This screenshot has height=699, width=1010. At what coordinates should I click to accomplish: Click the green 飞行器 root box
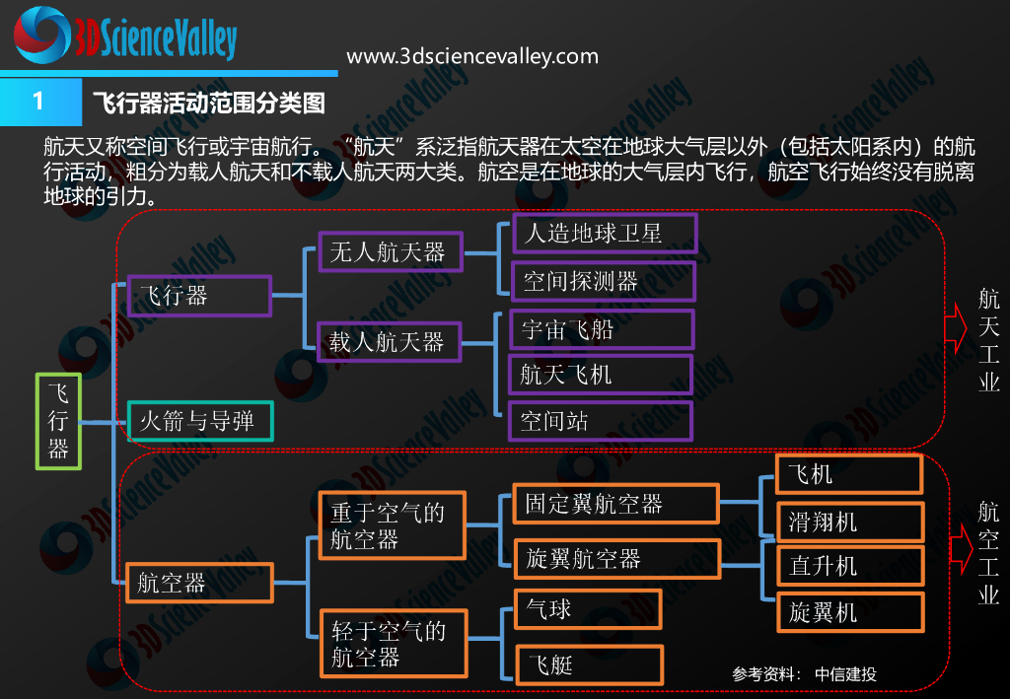point(58,420)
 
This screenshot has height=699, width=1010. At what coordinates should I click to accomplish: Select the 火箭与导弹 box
point(200,422)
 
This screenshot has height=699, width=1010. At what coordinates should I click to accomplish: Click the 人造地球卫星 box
point(605,234)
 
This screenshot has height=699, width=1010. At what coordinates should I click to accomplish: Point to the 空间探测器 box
point(605,281)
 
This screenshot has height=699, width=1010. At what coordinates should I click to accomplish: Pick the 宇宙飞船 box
point(602,328)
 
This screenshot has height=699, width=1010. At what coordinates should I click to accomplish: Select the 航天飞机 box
point(601,375)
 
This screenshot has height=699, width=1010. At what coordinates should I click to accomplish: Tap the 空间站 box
point(601,421)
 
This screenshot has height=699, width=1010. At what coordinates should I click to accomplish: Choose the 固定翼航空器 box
point(616,504)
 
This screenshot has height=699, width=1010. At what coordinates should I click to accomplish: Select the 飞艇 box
point(590,664)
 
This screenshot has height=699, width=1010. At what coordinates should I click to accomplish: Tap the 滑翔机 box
point(850,522)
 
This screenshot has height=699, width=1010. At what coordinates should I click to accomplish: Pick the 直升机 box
point(850,567)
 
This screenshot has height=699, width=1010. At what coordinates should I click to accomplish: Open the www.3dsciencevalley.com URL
point(472,56)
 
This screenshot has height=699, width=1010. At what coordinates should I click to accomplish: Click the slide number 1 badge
point(39,102)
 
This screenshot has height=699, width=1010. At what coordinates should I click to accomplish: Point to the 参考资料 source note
point(804,674)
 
